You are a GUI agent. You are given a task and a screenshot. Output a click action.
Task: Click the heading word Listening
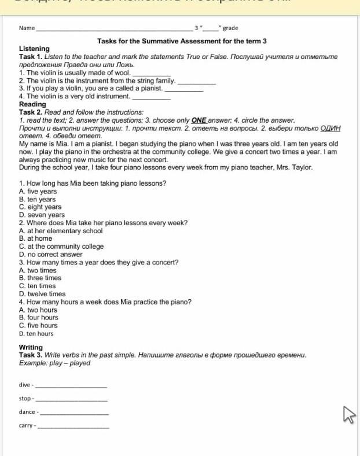pos(34,49)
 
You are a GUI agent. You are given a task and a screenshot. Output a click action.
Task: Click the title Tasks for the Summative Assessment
pos(182,41)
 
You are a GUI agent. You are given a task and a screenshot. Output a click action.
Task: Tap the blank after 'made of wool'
pos(152,73)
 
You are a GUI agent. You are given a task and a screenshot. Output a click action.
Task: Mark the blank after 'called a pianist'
pos(184,89)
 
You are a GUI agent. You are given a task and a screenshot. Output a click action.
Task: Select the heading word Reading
pos(32,104)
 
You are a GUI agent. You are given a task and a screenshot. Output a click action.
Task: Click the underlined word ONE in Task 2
pos(199,120)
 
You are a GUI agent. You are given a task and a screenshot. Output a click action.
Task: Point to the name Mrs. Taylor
pos(297,167)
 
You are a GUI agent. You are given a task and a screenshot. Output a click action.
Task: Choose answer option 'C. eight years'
pos(40,207)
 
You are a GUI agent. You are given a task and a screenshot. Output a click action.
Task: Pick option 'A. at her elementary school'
pos(61,230)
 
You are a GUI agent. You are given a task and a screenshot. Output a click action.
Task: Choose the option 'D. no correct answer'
pos(51,254)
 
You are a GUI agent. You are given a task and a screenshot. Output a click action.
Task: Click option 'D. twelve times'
pos(42,294)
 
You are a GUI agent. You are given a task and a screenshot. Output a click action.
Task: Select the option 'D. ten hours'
pos(36,333)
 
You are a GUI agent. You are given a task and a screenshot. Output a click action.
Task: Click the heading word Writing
pos(31,347)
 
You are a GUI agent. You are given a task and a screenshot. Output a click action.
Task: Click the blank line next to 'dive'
pos(71,385)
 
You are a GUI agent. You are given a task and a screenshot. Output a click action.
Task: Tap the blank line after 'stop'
pos(71,399)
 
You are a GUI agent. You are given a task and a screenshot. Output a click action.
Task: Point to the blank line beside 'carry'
pos(73,426)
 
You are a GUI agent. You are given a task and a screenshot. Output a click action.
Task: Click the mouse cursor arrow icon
pos(348,414)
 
